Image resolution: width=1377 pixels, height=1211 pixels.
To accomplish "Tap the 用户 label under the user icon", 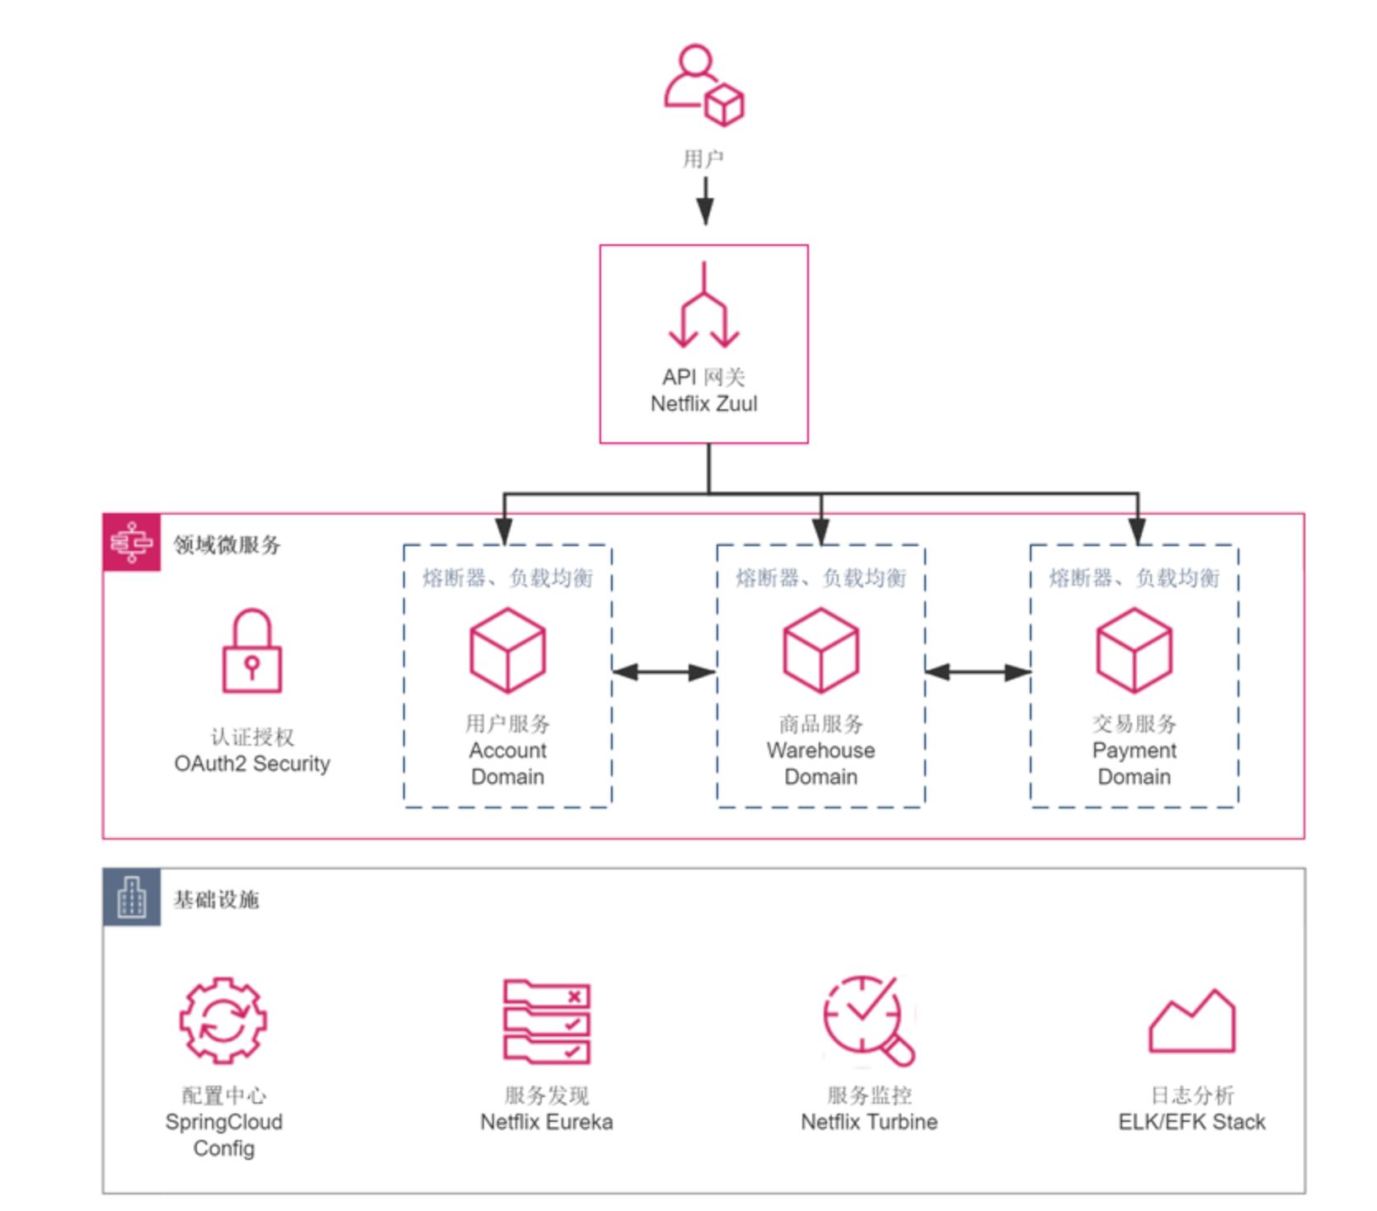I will click(703, 158).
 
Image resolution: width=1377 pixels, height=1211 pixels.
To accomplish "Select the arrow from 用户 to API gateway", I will click(705, 200).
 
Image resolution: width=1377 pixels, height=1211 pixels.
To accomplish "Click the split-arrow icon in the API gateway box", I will click(703, 307).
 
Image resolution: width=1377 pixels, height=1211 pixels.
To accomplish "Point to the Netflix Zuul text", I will click(703, 404).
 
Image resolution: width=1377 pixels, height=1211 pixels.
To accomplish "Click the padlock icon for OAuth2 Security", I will click(252, 652).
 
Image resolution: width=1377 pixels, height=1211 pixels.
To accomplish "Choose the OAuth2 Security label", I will click(252, 764).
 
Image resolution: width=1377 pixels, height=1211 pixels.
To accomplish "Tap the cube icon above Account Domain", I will click(507, 650).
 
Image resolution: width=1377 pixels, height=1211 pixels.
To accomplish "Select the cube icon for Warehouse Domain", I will click(820, 650).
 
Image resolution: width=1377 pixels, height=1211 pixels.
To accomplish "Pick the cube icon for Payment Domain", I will click(1134, 650).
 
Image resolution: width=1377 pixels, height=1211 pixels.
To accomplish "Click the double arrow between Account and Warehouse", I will click(664, 672).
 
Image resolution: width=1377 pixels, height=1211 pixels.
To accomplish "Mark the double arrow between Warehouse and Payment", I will click(977, 672).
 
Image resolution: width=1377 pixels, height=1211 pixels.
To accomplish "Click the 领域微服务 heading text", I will click(227, 544).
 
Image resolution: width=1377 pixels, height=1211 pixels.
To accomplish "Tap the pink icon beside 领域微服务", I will click(132, 542).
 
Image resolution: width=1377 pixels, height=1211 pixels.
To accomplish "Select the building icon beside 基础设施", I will click(132, 898).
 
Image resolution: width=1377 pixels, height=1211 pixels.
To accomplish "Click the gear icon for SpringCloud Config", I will click(223, 1020).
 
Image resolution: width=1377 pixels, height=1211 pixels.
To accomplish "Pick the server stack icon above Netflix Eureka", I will click(547, 1020).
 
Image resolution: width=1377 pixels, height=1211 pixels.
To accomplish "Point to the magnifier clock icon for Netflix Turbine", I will click(868, 1020).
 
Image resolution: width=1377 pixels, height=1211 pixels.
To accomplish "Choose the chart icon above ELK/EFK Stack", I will click(1191, 1023).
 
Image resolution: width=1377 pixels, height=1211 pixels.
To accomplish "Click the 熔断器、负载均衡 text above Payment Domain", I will click(1134, 578).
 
